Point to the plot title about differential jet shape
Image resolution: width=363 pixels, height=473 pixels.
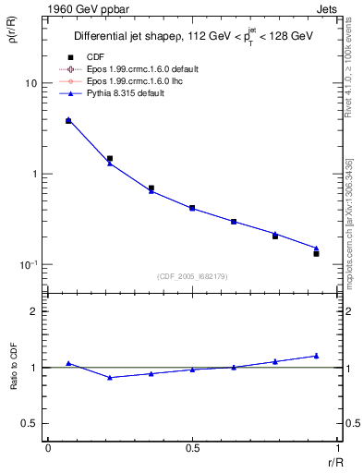click(193, 36)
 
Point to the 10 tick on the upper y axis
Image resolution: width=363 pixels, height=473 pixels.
click(30, 83)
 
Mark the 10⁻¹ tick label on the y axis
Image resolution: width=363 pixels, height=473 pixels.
click(29, 265)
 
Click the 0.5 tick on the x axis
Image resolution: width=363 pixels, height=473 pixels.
click(192, 449)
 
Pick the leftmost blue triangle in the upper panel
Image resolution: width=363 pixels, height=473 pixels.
click(68, 119)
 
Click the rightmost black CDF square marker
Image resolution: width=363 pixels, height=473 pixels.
click(316, 253)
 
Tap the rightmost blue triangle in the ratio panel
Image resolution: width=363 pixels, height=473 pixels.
click(316, 355)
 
